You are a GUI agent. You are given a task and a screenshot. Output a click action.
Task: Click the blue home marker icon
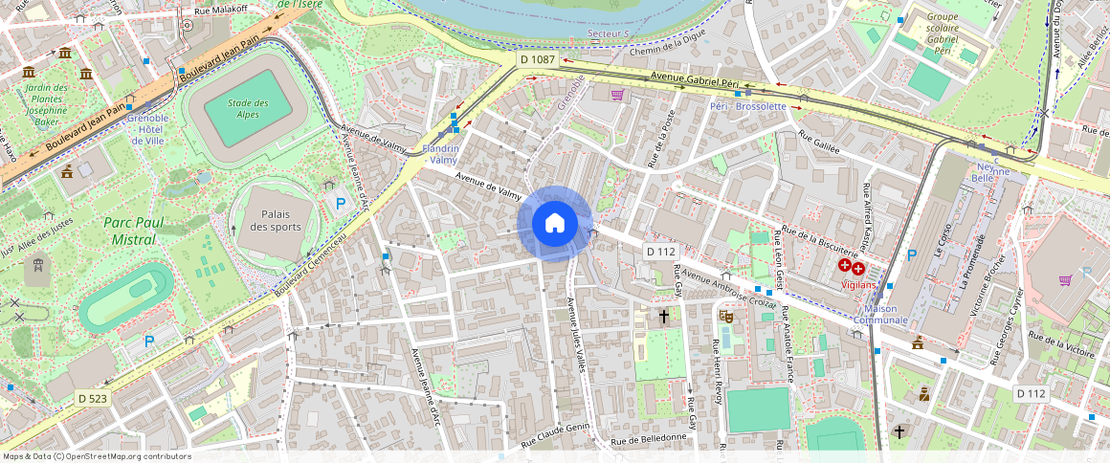(554, 224)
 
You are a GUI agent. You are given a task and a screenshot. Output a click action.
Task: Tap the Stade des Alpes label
(248, 109)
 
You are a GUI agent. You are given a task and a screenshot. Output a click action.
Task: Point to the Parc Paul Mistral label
(134, 231)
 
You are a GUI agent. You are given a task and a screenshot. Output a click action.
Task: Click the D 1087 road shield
(537, 59)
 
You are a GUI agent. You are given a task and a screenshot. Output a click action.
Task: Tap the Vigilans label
(858, 284)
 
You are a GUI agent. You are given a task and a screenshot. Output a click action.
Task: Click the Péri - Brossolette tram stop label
(747, 106)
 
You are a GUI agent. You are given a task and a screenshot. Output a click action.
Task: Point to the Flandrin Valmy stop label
(441, 154)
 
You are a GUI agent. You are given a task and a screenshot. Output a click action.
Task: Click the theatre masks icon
(726, 314)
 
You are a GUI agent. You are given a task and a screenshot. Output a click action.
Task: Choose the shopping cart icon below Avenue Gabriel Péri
(617, 95)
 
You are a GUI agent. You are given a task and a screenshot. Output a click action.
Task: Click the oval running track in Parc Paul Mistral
(126, 297)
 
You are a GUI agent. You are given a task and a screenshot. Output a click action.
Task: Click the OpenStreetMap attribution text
(96, 456)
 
